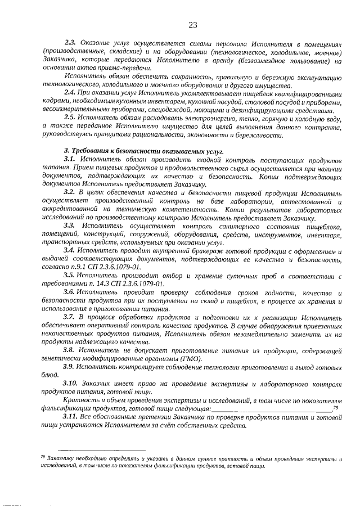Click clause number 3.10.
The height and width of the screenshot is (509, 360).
pyautogui.click(x=71, y=383)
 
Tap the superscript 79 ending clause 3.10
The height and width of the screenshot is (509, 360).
pyautogui.click(x=335, y=406)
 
